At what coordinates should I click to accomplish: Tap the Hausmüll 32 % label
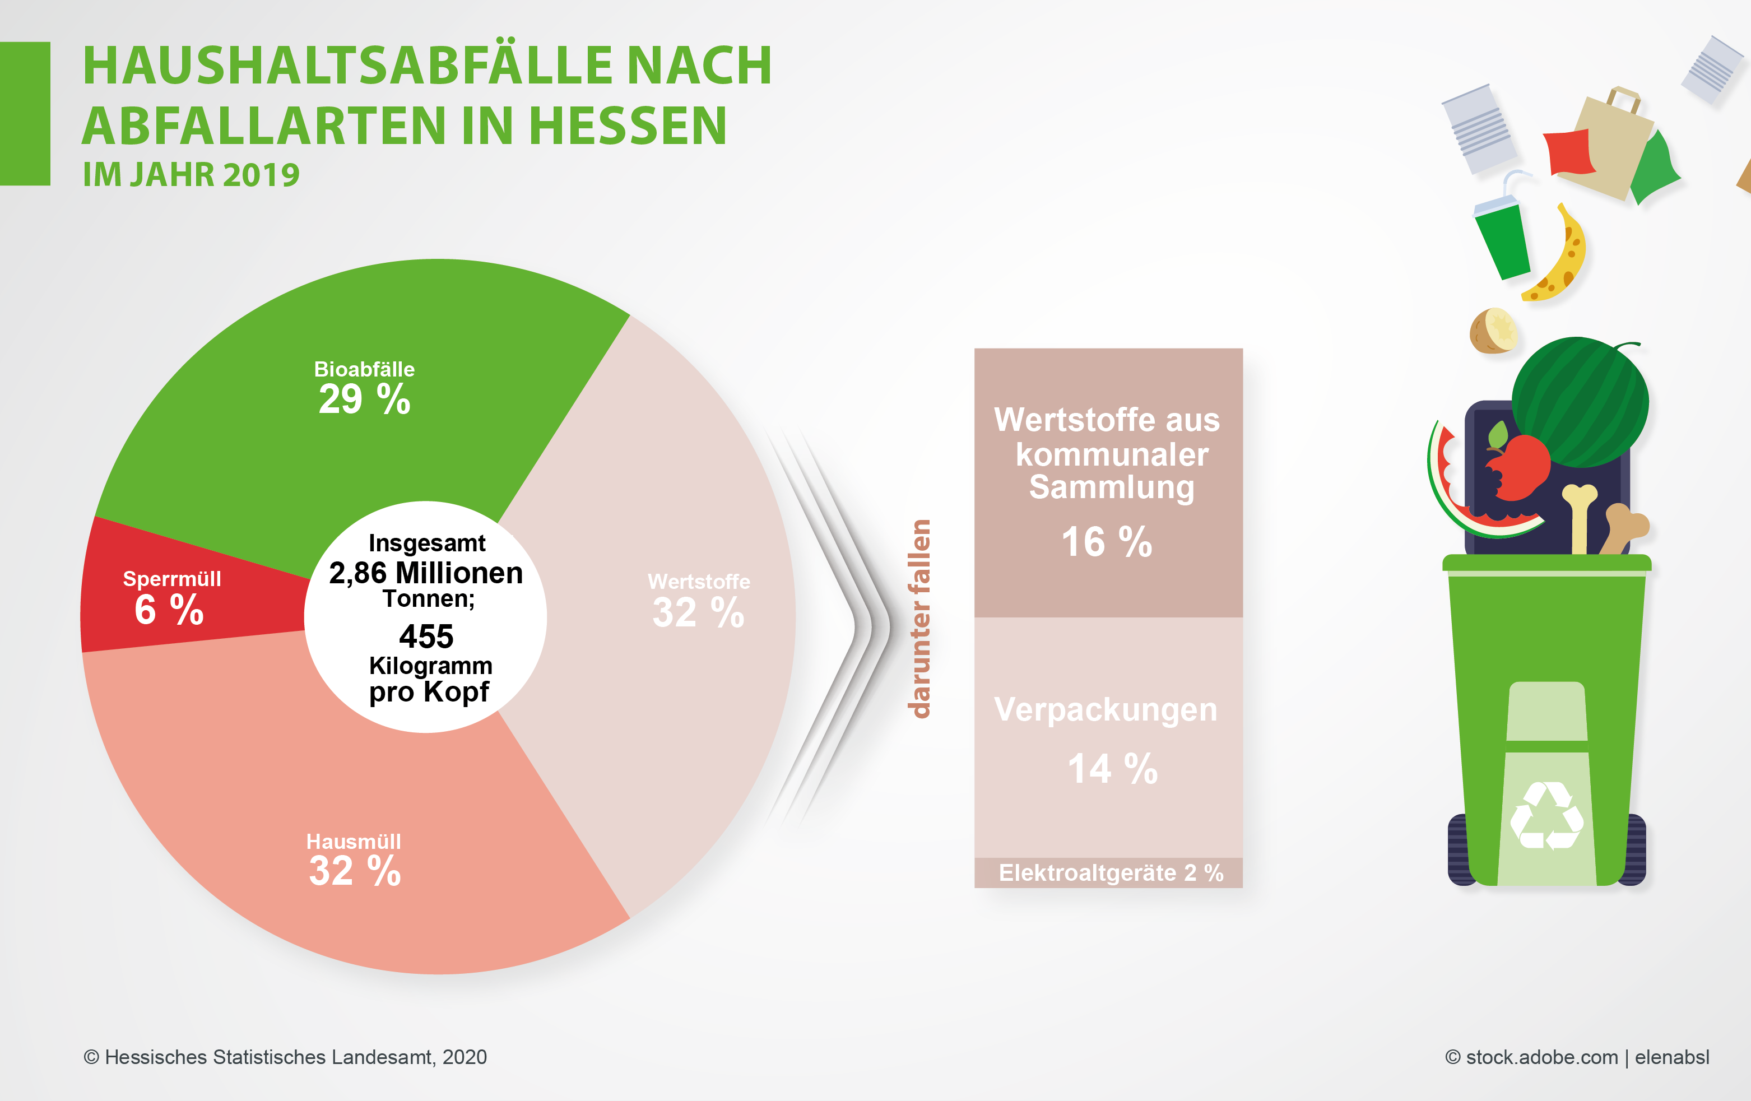pos(354,862)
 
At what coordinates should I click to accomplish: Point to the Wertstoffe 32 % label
pos(698,602)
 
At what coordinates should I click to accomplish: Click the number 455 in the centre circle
pos(426,637)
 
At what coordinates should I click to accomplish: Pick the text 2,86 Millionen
pos(426,573)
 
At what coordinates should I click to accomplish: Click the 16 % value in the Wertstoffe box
pos(1107,542)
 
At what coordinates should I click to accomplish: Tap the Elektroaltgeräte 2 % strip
pos(1109,872)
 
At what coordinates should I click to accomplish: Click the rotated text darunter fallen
pos(921,618)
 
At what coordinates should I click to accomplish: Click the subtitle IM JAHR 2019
pos(191,174)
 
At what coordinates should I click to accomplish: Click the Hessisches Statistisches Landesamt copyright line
pos(285,1057)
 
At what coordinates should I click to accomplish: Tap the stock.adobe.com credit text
pos(1577,1057)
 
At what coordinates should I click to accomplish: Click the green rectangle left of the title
pos(25,113)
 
